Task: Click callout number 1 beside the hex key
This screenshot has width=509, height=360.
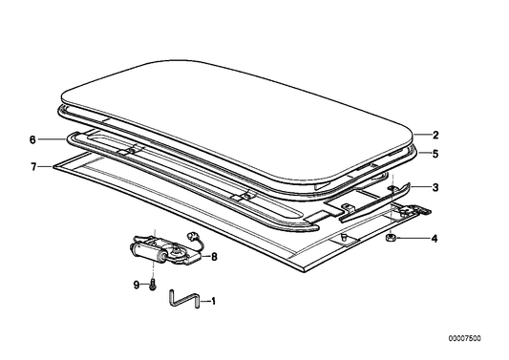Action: pos(213,303)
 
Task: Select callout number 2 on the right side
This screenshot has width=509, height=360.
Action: pos(435,136)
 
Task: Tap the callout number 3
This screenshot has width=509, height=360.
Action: pos(435,188)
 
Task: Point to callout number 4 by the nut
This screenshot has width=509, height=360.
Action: pos(435,238)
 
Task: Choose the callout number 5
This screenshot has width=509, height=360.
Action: pos(435,153)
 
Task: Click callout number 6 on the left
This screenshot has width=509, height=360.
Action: pos(32,140)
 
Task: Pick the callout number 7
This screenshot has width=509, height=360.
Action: pos(32,166)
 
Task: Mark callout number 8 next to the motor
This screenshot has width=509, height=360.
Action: pos(215,256)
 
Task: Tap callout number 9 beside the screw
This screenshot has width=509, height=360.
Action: pos(137,284)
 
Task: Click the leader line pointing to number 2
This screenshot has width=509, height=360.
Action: pos(423,136)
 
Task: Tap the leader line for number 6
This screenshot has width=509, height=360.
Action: pos(50,140)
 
